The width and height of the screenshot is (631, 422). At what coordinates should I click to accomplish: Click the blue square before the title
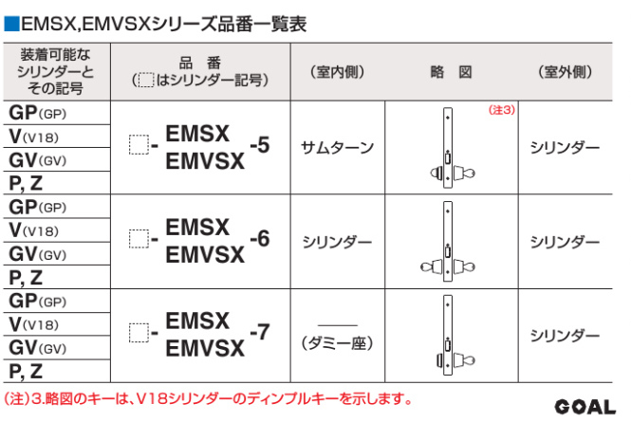tap(11, 24)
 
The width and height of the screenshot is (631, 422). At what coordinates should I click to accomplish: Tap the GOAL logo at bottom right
tap(585, 407)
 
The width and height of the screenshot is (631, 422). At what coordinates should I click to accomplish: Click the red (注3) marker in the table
tap(501, 110)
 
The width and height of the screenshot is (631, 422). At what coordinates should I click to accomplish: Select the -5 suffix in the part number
tap(260, 145)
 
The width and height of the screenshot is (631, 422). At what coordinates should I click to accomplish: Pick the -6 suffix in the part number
tap(260, 239)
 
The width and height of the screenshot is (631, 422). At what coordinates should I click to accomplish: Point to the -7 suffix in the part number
tap(260, 332)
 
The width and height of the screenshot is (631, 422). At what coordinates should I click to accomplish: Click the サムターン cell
tap(337, 148)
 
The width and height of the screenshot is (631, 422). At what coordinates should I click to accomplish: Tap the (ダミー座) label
tap(337, 343)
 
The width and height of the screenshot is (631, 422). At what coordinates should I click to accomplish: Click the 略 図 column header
tap(451, 72)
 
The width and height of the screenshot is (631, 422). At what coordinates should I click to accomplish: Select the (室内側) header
tap(337, 72)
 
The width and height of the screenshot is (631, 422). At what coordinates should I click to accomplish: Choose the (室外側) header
tap(565, 72)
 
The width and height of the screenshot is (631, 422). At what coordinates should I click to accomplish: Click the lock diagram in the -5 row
tap(451, 148)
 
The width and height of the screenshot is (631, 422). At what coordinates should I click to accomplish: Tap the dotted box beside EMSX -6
tap(139, 239)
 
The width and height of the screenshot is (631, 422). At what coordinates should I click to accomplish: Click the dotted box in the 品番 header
tap(146, 80)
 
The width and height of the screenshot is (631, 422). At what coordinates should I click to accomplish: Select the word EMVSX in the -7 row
tap(205, 348)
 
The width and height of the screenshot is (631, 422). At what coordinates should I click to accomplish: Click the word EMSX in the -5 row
tap(197, 134)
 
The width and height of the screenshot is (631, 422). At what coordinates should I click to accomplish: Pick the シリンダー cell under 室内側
tap(337, 242)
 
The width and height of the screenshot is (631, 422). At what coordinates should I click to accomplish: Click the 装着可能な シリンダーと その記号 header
tap(56, 72)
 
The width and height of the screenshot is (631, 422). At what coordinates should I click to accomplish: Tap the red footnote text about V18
tap(209, 398)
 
